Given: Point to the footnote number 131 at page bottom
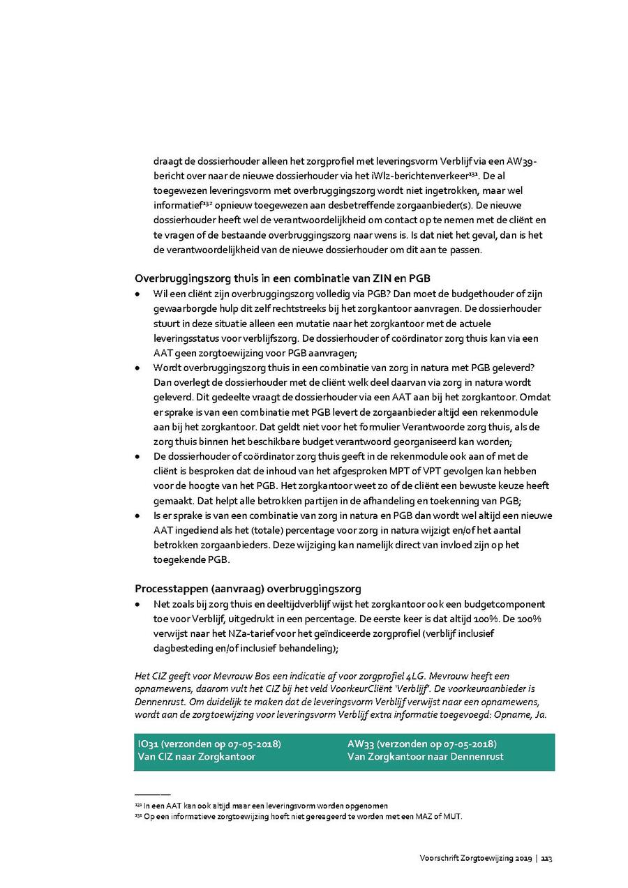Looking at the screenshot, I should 137,805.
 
